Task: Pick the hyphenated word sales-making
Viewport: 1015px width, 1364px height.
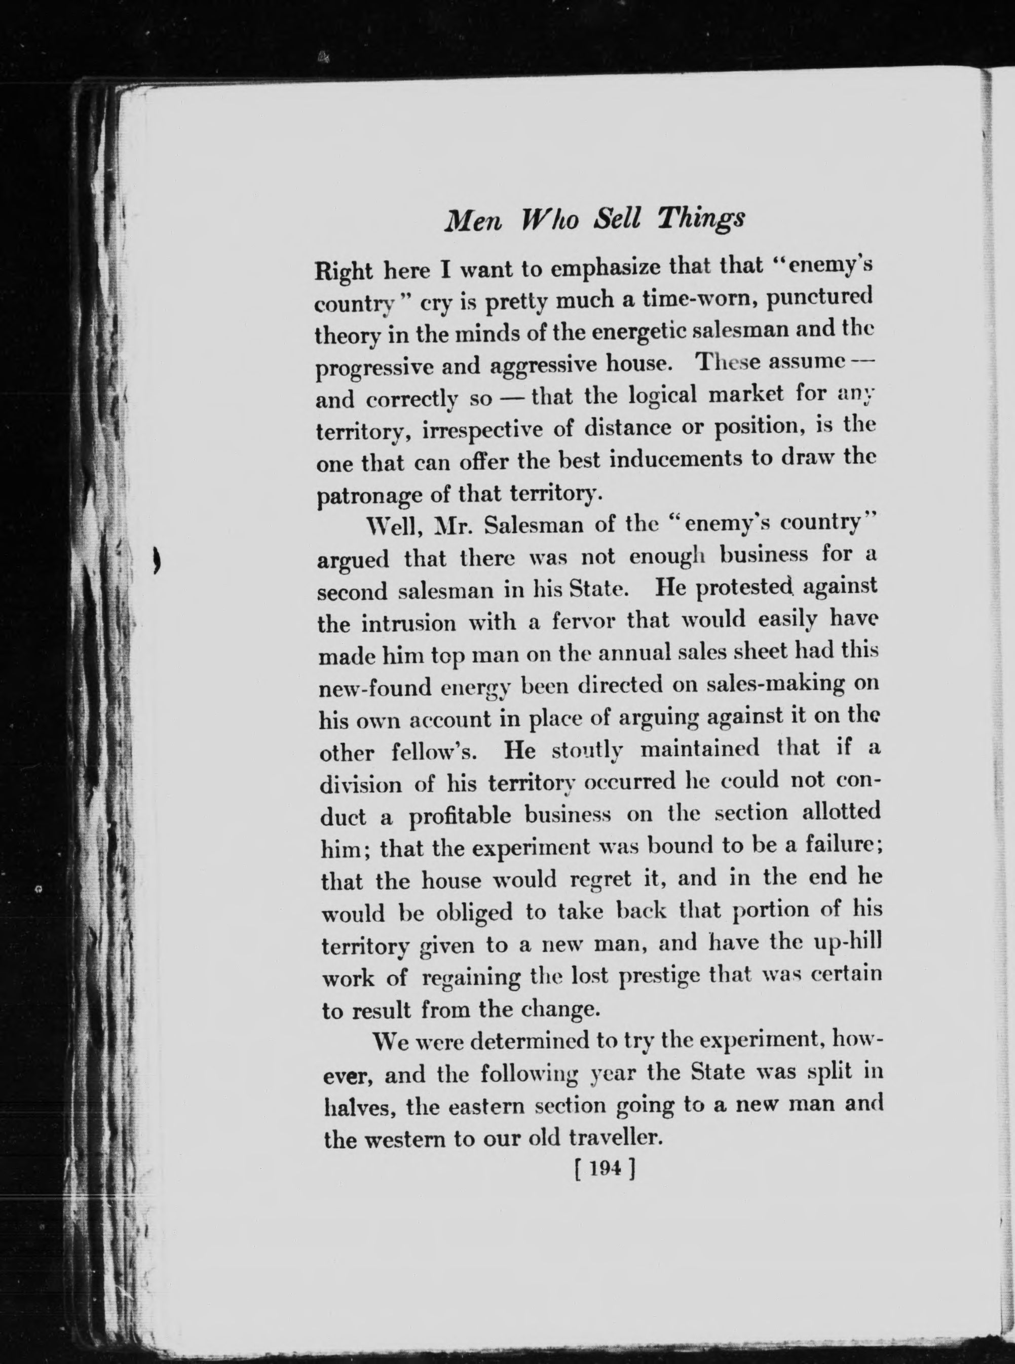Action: click(x=773, y=685)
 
